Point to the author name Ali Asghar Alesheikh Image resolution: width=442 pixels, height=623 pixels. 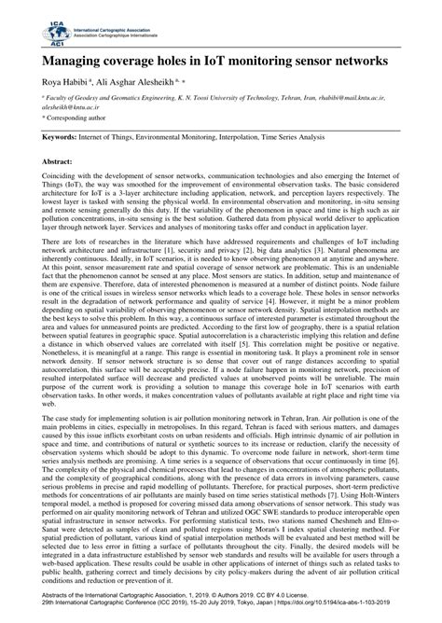click(135, 83)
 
